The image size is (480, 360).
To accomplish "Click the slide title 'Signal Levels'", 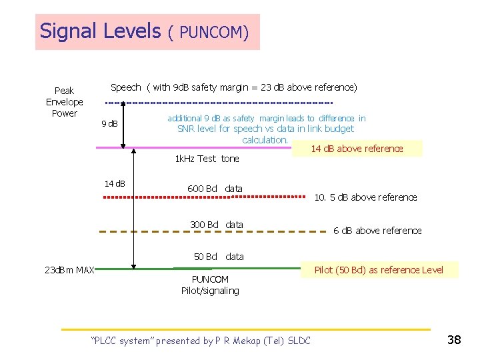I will click(100, 31).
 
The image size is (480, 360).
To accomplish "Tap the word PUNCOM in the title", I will click(215, 32).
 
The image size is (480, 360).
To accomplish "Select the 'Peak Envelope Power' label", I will click(65, 101).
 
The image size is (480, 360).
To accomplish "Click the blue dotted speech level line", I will click(220, 103).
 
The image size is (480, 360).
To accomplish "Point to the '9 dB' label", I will click(109, 124).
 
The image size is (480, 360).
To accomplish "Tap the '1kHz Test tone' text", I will click(207, 159).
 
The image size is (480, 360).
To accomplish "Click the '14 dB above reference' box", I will click(357, 149).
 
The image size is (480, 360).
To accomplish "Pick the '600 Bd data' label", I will click(215, 189).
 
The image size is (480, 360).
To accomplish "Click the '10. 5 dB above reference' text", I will click(365, 197).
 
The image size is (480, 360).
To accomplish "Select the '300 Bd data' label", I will click(216, 224).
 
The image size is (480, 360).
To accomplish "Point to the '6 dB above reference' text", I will click(377, 231).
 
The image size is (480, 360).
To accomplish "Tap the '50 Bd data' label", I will click(219, 256).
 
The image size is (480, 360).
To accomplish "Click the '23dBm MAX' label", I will click(69, 269).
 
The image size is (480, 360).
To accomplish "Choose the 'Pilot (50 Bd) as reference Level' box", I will click(377, 269).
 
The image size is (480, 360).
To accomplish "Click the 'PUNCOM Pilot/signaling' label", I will click(209, 285).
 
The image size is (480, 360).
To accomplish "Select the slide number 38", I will click(454, 340).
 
